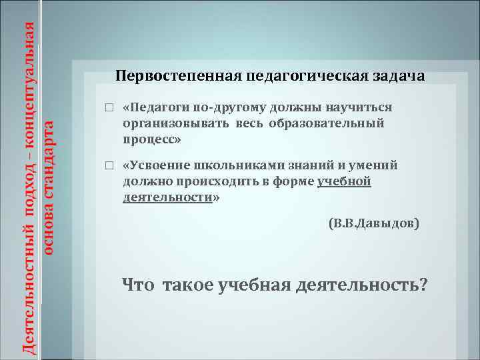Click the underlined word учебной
344,182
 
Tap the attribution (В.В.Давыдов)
375,225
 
